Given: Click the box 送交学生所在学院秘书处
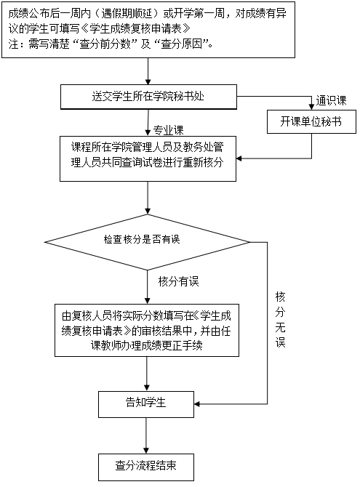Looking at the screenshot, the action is (148, 97).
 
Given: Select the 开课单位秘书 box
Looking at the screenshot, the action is (311, 121).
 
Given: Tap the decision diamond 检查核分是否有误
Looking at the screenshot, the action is (147, 242).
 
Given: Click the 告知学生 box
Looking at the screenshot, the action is (146, 404).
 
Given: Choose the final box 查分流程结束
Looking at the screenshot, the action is (146, 467).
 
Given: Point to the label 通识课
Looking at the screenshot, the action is (331, 100).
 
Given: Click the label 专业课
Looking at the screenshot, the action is (169, 130).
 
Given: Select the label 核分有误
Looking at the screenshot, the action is (178, 281).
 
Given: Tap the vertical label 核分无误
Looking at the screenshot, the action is (280, 320).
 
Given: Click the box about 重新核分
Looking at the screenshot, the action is (148, 158).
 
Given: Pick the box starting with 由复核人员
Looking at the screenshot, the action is (147, 330).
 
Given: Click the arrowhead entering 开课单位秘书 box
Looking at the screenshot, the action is (311, 107).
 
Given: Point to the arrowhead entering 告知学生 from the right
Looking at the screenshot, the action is (197, 404).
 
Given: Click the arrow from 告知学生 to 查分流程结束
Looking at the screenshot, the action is (146, 435).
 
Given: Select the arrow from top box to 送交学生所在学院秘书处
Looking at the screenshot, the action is (148, 71).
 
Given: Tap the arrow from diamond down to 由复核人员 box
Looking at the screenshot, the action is (148, 287).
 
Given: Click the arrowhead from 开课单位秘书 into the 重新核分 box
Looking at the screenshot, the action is (239, 158).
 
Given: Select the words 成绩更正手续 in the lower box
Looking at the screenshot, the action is (172, 346).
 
